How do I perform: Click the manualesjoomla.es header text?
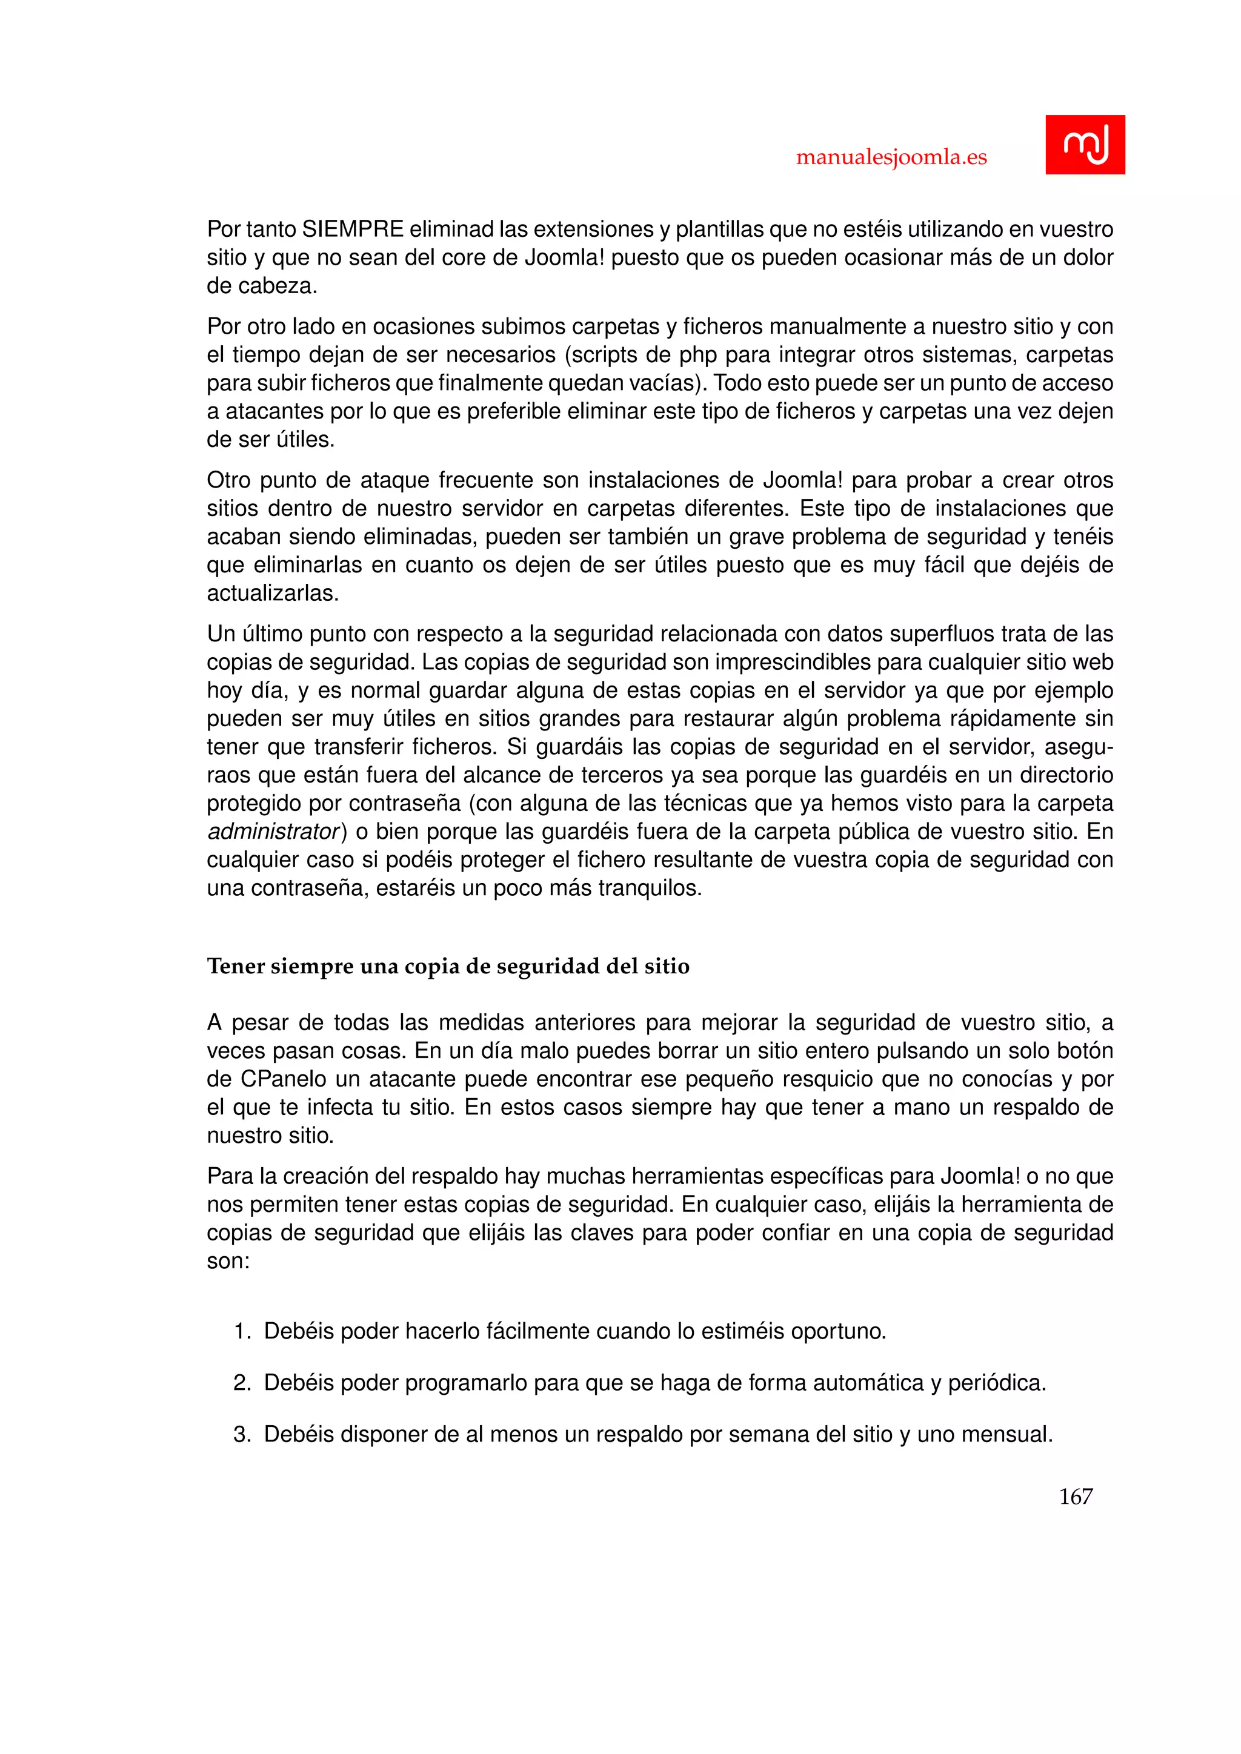pyautogui.click(x=891, y=157)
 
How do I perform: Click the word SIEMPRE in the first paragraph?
pyautogui.click(x=353, y=229)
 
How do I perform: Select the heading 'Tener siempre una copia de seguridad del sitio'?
pyautogui.click(x=448, y=967)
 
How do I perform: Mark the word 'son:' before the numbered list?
pyautogui.click(x=228, y=1261)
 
